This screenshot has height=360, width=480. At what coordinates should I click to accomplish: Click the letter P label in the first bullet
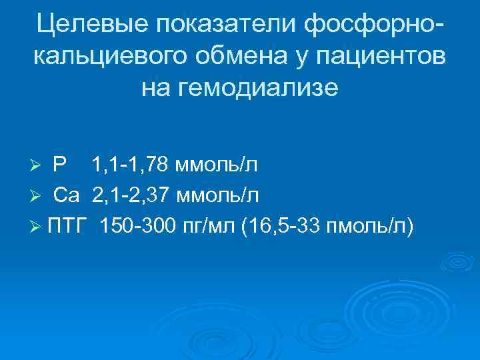pyautogui.click(x=59, y=164)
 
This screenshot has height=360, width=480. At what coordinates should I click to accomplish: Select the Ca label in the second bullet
pyautogui.click(x=67, y=195)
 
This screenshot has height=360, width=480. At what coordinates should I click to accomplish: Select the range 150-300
pyautogui.click(x=137, y=227)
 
